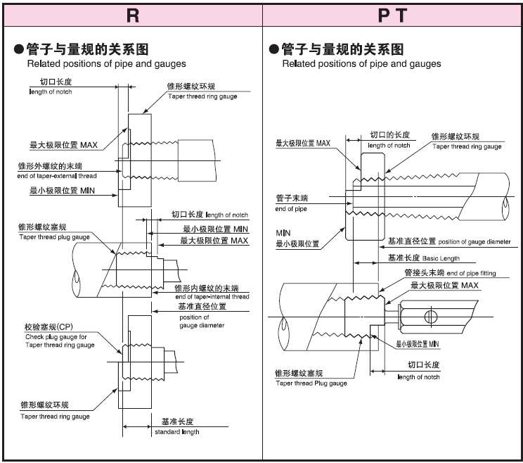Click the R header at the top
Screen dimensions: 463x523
(x=132, y=15)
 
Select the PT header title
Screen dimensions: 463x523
(x=392, y=15)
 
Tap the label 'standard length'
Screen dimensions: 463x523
(x=177, y=432)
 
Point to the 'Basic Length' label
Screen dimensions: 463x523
(x=439, y=259)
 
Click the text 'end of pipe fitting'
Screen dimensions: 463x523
(x=475, y=273)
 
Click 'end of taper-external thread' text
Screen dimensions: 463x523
(x=57, y=176)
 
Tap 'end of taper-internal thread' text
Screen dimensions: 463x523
(x=212, y=297)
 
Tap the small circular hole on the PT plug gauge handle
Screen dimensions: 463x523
(x=433, y=313)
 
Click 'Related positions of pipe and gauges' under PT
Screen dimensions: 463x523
(x=361, y=64)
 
